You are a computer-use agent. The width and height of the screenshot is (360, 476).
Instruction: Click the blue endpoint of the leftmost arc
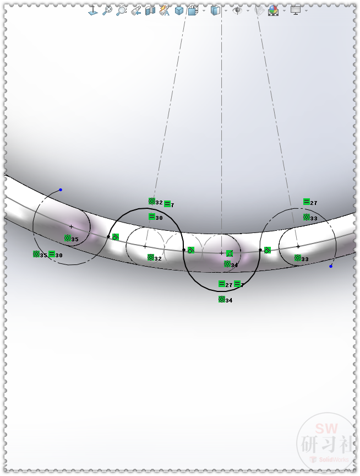(61, 190)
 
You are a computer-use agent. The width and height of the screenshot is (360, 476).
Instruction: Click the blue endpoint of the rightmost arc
(331, 267)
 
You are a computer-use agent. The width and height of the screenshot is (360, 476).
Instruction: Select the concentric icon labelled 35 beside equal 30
(36, 255)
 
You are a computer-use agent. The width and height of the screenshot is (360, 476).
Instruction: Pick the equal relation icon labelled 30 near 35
(52, 255)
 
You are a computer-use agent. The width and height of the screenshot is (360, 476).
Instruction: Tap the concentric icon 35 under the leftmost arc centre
(68, 238)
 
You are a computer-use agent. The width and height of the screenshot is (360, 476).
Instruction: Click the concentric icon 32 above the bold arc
(152, 202)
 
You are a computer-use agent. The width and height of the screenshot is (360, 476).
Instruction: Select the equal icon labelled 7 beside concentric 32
(167, 204)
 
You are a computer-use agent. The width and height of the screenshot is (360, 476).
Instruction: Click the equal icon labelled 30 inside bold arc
(152, 217)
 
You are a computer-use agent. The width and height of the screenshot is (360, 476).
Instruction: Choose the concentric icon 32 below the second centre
(151, 257)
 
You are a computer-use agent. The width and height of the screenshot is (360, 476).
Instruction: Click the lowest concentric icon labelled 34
(222, 299)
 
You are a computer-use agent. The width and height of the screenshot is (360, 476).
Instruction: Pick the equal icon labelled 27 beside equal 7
(222, 284)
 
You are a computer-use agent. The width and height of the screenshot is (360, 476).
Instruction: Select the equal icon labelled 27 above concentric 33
(307, 202)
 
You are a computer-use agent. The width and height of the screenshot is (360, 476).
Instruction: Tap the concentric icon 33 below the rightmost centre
(298, 258)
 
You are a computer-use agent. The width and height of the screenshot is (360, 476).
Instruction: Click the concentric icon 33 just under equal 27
(307, 217)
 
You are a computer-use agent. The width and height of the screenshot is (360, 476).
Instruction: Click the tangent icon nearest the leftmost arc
(116, 237)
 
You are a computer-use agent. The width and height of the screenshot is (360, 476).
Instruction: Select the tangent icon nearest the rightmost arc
(268, 250)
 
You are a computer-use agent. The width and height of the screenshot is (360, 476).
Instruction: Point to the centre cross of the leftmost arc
(71, 227)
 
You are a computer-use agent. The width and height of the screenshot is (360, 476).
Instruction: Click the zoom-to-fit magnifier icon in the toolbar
(107, 10)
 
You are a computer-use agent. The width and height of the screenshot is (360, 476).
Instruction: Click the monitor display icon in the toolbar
(296, 10)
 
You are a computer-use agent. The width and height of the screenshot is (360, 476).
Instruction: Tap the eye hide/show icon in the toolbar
(238, 10)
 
